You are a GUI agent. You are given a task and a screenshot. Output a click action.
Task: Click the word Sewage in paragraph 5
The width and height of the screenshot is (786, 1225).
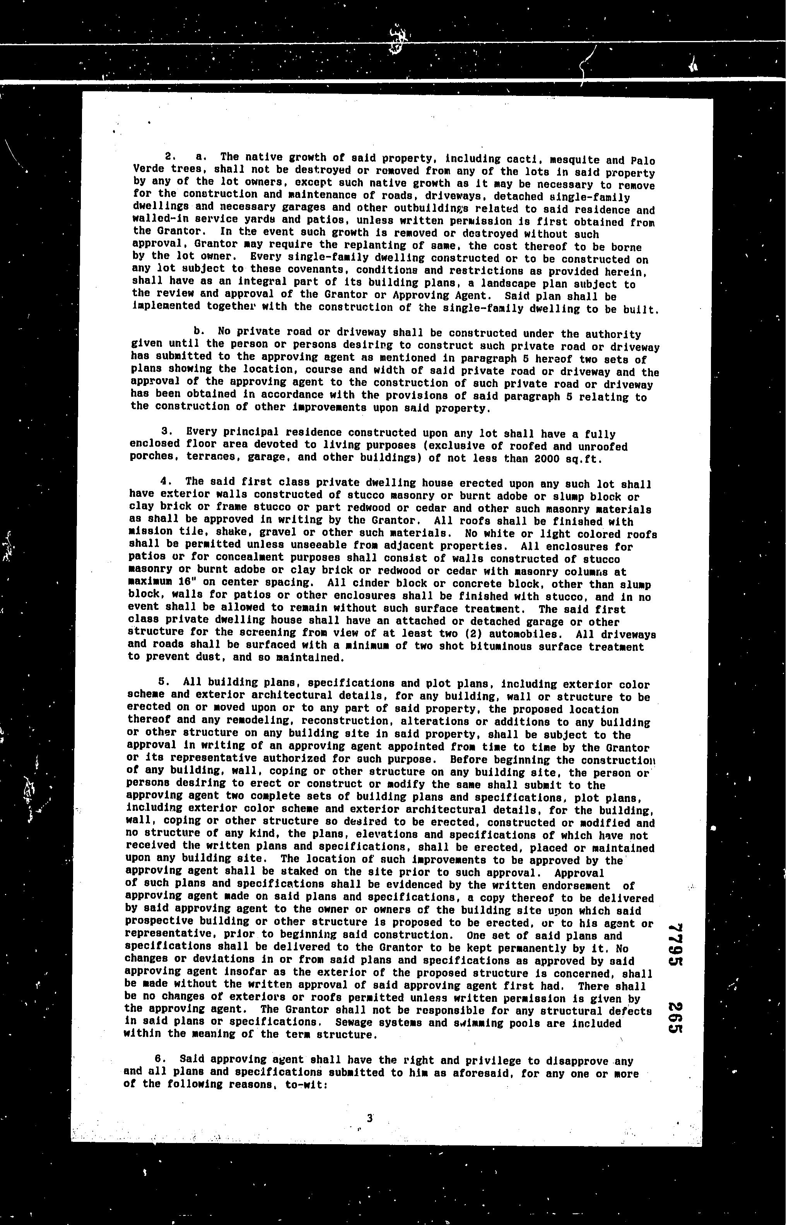coord(355,1023)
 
